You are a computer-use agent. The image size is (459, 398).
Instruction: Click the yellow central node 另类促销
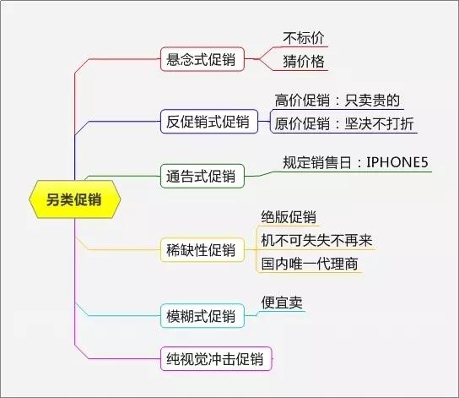tap(74, 199)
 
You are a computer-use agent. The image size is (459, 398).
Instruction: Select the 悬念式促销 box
tap(202, 59)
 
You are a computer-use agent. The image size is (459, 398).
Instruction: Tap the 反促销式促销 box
tap(209, 122)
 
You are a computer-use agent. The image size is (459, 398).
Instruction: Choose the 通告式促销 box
tap(202, 176)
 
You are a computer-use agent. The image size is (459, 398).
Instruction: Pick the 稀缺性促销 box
tap(202, 250)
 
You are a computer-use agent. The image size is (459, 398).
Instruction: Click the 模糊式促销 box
tap(202, 316)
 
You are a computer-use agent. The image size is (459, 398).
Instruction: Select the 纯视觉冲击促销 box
tap(216, 359)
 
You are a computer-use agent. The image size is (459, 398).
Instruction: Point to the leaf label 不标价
tap(304, 38)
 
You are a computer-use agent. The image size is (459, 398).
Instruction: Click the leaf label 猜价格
tap(304, 62)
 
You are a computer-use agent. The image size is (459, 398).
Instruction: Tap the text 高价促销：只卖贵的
tap(337, 101)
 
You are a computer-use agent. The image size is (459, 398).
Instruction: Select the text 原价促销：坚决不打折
tap(344, 123)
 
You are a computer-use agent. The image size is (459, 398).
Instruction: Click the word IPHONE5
tap(397, 162)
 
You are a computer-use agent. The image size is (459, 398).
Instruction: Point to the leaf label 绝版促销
tap(289, 217)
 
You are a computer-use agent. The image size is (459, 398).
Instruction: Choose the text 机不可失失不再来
tap(316, 240)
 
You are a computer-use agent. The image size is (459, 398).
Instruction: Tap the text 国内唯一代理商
tap(310, 264)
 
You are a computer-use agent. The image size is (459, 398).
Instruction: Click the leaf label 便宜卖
tap(282, 303)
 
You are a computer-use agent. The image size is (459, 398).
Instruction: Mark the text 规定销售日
tap(316, 162)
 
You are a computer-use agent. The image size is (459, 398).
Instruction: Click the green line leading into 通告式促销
tap(123, 176)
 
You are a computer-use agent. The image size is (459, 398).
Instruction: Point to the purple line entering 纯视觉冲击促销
tap(117, 358)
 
